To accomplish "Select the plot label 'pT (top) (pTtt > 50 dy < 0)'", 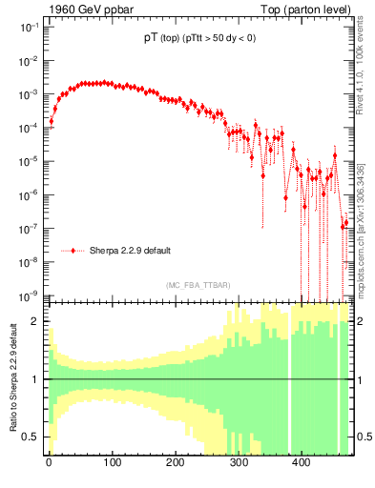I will pos(198,40).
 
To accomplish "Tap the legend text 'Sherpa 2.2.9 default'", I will pos(130,251).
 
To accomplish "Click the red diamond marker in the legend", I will pos(73,251).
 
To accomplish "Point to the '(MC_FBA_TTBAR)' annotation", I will pos(198,284).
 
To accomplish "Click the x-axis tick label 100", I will pos(112,462).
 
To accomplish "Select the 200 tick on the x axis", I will pos(175,462).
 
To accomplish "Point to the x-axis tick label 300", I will pos(238,462).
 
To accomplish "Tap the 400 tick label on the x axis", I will pos(301,462).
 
